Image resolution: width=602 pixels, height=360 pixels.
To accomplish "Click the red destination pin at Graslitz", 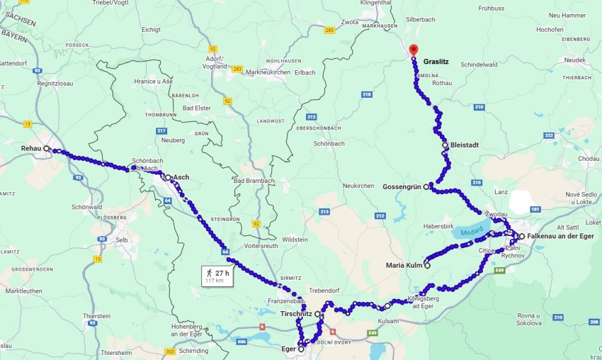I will click(x=414, y=50).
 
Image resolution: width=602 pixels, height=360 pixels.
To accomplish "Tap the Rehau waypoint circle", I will click(x=47, y=149).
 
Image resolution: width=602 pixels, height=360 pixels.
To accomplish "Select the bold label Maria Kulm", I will click(x=404, y=266).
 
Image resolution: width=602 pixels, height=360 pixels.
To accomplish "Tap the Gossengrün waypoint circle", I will click(x=426, y=187).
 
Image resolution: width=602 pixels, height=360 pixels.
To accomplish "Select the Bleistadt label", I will click(x=465, y=145).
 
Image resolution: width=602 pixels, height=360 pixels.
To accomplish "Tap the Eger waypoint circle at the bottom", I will click(x=301, y=349).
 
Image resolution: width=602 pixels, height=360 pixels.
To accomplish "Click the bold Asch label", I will click(x=181, y=177).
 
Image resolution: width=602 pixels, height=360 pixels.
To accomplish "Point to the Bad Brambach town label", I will click(x=251, y=181).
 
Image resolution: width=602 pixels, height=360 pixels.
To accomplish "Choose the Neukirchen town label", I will click(x=358, y=185).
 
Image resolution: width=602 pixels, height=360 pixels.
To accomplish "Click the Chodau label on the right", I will click(x=588, y=159).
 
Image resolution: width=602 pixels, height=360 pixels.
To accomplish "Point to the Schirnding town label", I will click(x=193, y=350).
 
